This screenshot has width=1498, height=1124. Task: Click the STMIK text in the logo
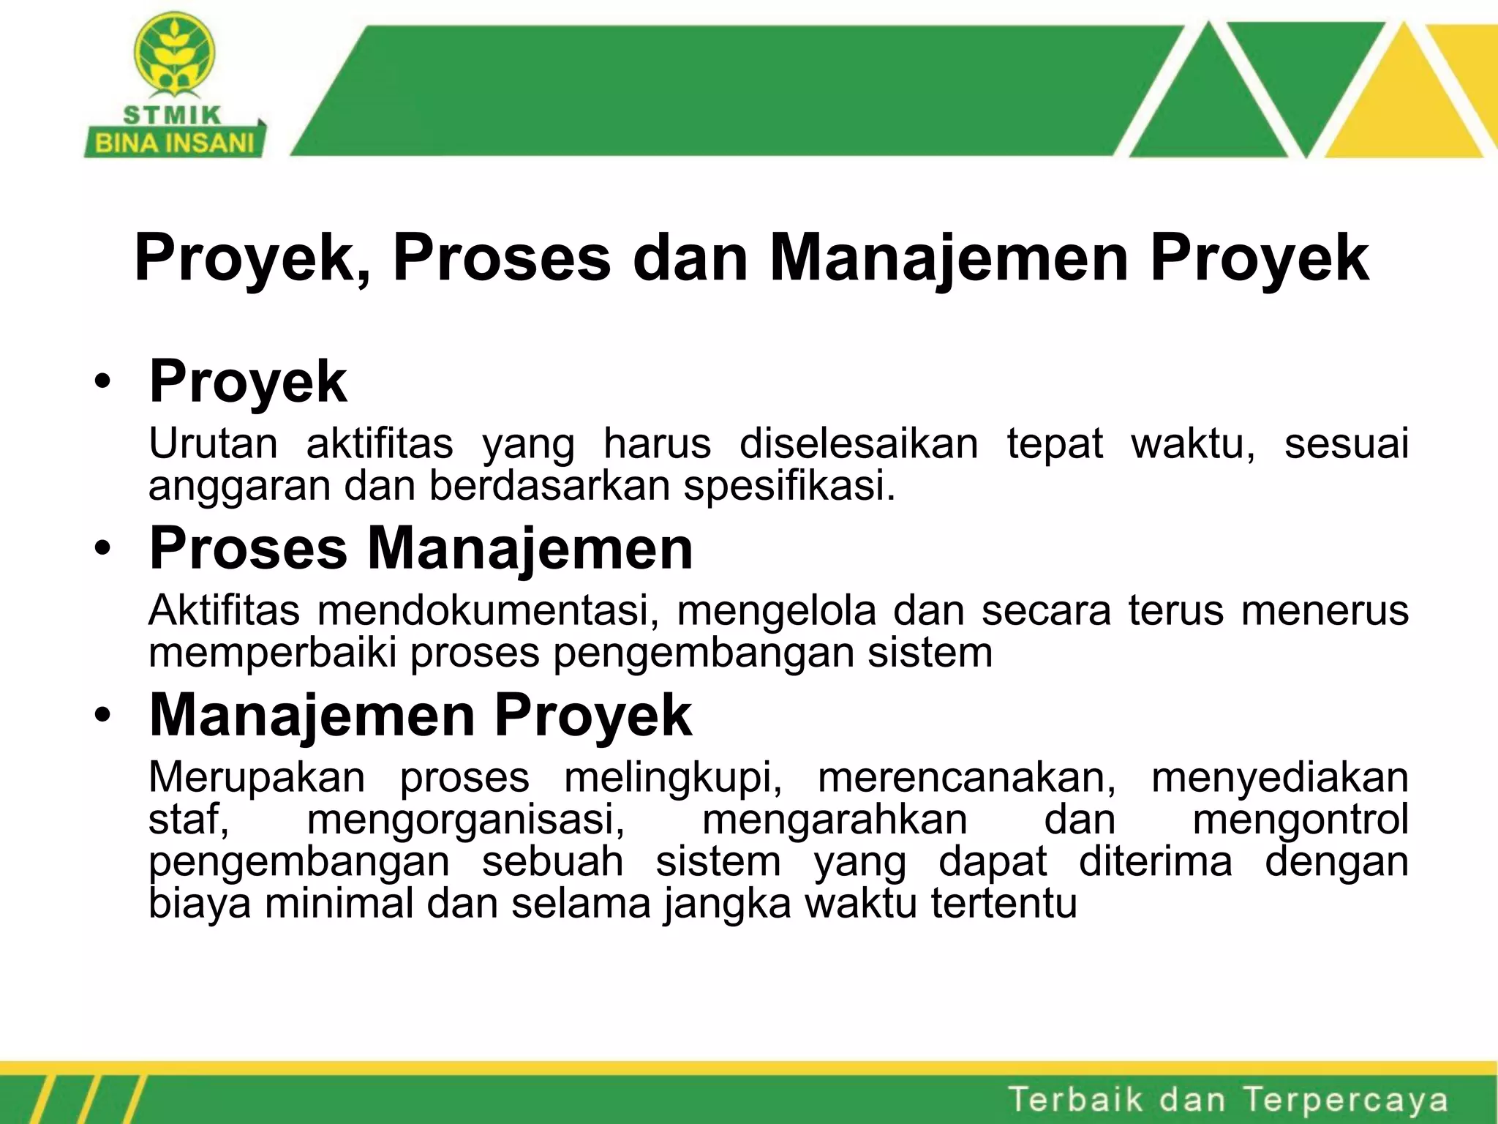point(172,116)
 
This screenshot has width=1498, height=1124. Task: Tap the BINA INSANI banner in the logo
point(175,143)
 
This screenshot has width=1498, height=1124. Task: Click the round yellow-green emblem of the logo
point(174,53)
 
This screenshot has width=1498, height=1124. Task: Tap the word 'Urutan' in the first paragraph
point(213,443)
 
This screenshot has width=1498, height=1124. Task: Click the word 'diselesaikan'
point(859,443)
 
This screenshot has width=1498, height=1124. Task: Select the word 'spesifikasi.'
point(789,485)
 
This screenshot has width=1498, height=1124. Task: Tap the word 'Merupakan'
point(257,777)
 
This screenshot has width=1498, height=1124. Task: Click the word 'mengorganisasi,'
point(466,820)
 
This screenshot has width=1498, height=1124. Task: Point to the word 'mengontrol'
point(1301,820)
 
